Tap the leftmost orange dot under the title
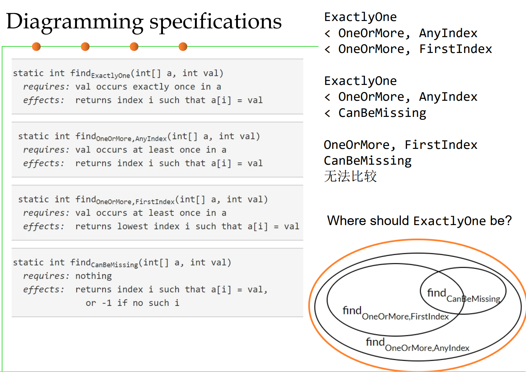[x=37, y=47]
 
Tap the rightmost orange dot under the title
[x=183, y=47]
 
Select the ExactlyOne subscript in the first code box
[x=111, y=76]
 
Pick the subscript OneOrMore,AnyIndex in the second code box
[x=131, y=139]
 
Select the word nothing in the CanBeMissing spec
[x=93, y=276]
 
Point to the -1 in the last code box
[x=107, y=303]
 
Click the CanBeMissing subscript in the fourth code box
[x=114, y=265]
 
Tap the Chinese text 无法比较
[x=350, y=176]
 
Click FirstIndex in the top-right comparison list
[x=456, y=49]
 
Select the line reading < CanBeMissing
[x=375, y=113]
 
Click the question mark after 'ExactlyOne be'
[x=508, y=221]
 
